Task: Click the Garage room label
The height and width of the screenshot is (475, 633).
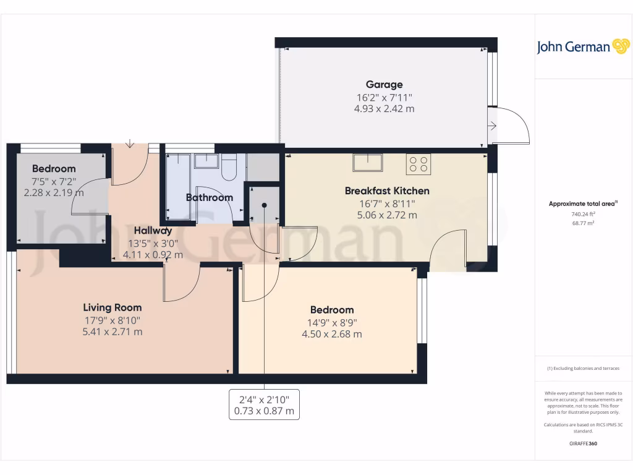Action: (384, 85)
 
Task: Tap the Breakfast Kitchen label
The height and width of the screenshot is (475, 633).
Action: (387, 190)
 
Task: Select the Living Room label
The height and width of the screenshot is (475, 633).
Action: (113, 307)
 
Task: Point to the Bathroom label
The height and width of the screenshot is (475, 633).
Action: (210, 198)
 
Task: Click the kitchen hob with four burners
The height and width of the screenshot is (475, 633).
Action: (418, 164)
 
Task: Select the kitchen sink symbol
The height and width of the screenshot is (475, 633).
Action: (368, 163)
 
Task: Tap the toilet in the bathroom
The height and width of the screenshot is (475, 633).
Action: (229, 167)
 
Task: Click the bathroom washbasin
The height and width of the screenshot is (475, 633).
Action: (206, 161)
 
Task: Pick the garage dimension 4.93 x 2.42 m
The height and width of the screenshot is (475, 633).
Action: (384, 109)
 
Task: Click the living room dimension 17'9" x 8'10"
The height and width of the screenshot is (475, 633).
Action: (113, 320)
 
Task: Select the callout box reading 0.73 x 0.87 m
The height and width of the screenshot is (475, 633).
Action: (265, 404)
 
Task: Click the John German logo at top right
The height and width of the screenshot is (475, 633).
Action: (582, 47)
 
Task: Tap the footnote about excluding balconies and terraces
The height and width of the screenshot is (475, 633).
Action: (582, 368)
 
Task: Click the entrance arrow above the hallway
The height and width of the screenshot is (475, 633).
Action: (129, 144)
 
